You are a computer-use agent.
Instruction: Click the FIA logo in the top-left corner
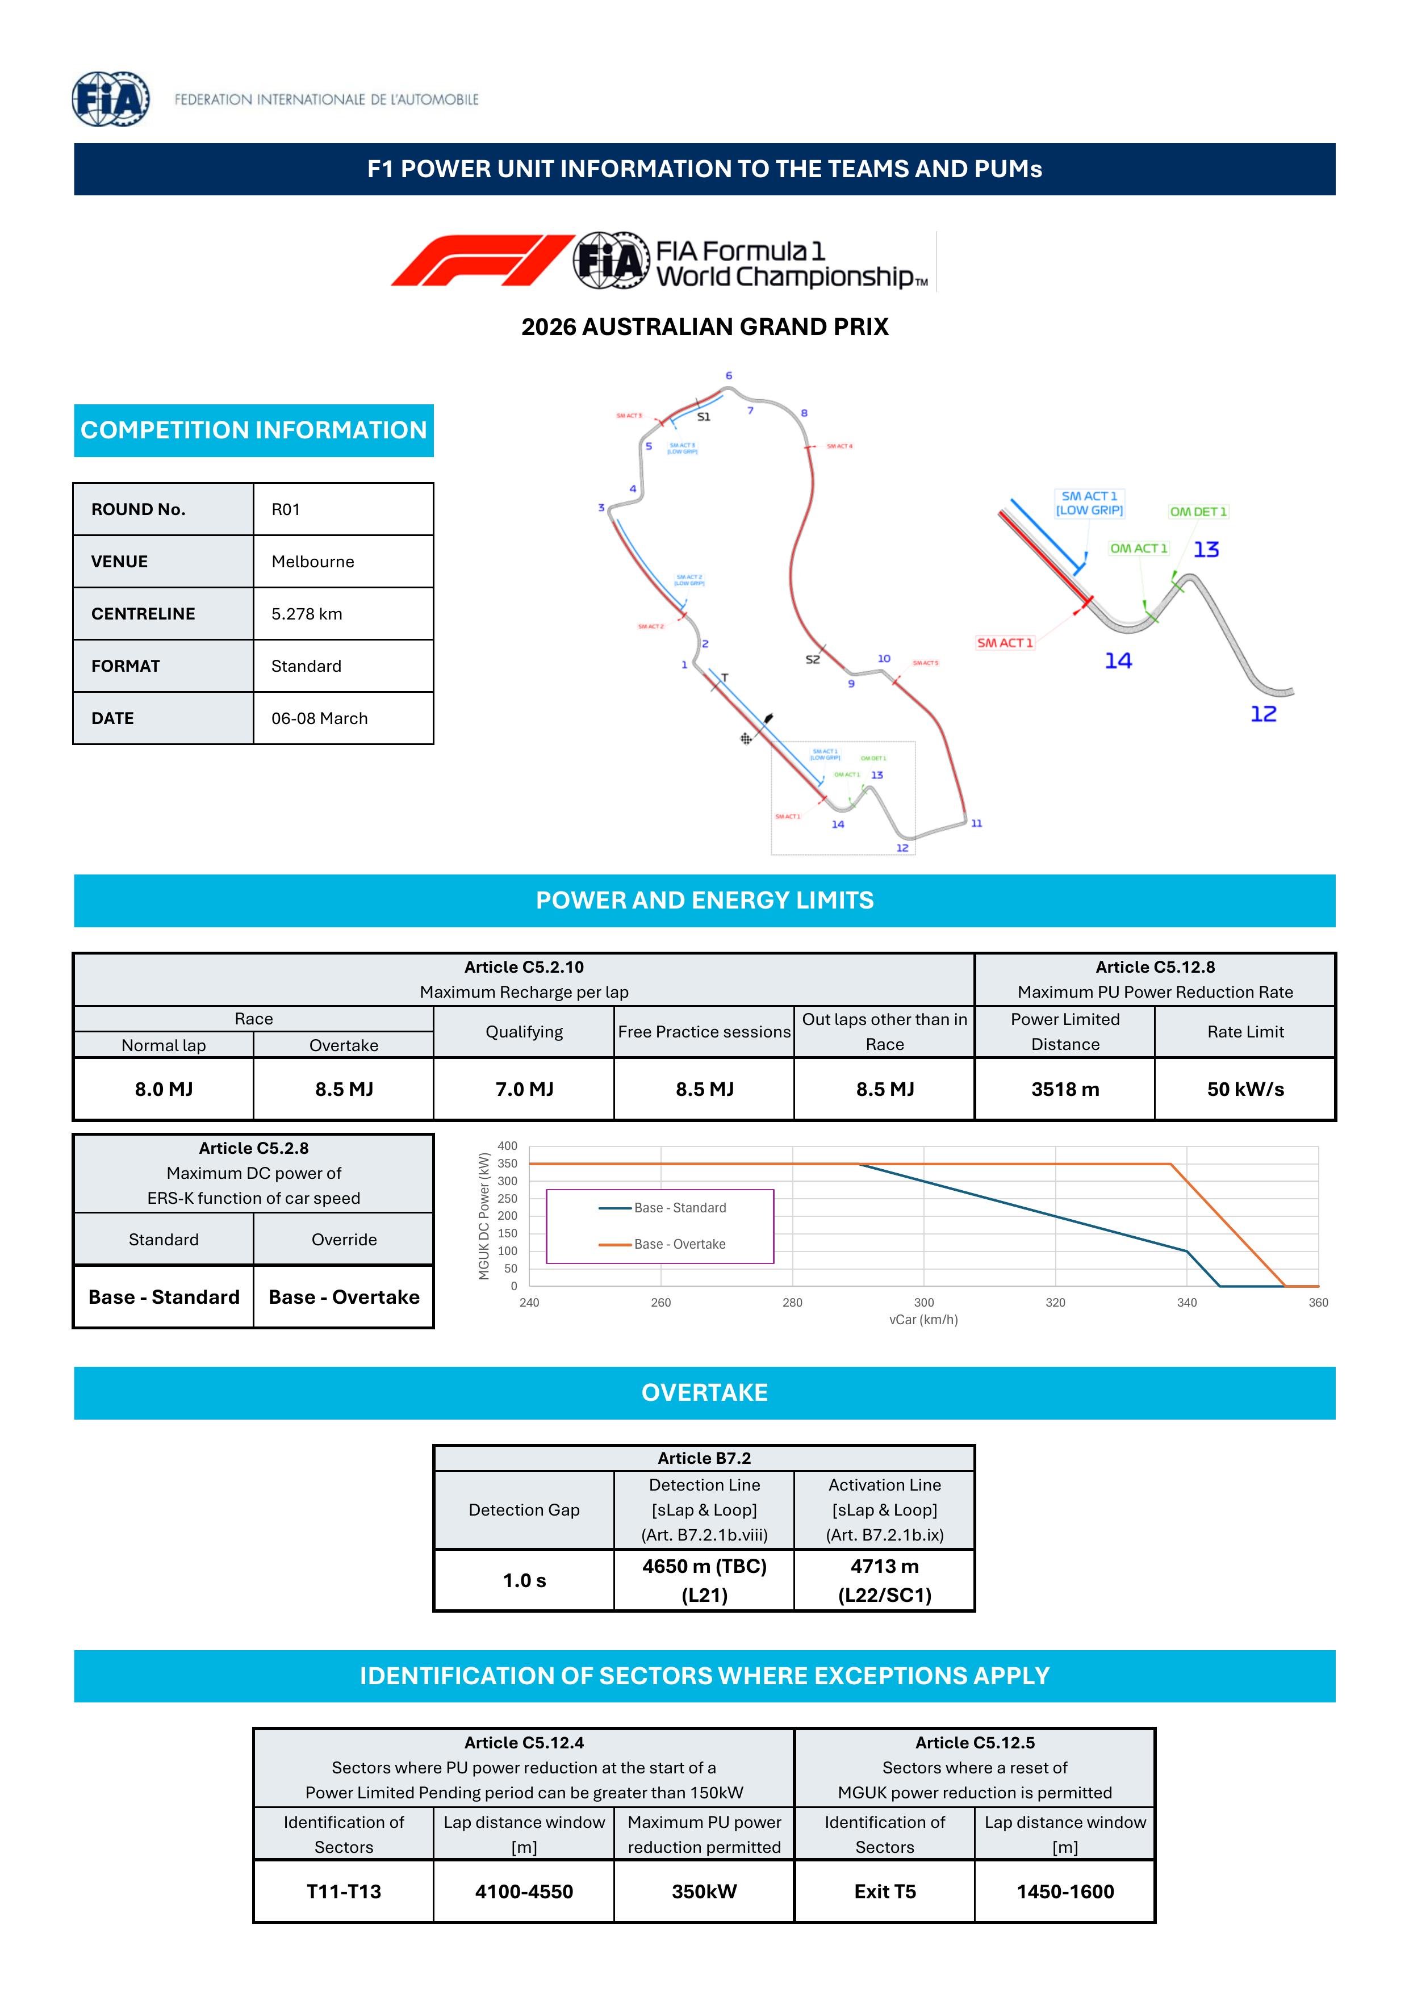pyautogui.click(x=110, y=99)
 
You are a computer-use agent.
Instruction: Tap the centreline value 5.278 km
pyautogui.click(x=306, y=613)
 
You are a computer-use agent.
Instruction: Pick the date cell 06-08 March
pyautogui.click(x=319, y=718)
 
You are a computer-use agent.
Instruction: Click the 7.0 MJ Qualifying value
pyautogui.click(x=524, y=1089)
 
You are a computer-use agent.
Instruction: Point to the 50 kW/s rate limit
pyautogui.click(x=1245, y=1089)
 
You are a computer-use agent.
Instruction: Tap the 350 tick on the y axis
pyautogui.click(x=508, y=1164)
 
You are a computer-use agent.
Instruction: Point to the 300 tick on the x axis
pyautogui.click(x=924, y=1302)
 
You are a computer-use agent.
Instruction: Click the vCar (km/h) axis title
pyautogui.click(x=923, y=1320)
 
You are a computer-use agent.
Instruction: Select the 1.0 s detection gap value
pyautogui.click(x=524, y=1581)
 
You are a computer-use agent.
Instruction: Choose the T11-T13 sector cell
pyautogui.click(x=344, y=1891)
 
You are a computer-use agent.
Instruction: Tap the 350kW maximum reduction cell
pyautogui.click(x=704, y=1891)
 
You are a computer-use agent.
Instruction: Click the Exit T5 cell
pyautogui.click(x=884, y=1891)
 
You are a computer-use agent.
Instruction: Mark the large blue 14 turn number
pyautogui.click(x=1118, y=661)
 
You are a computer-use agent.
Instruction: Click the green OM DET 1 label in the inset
pyautogui.click(x=1198, y=512)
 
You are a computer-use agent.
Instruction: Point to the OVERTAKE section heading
pyautogui.click(x=704, y=1392)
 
